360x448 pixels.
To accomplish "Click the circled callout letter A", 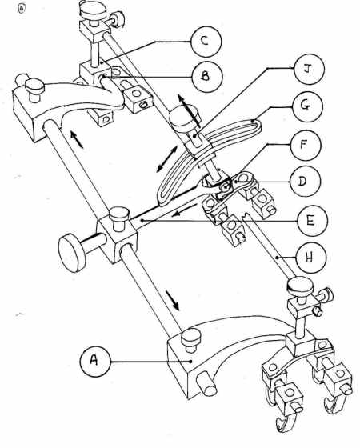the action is pyautogui.click(x=95, y=362).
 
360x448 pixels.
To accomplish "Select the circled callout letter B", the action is pyautogui.click(x=207, y=77).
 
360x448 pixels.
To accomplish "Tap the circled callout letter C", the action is pyautogui.click(x=206, y=42).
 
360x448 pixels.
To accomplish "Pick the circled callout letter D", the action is pyautogui.click(x=305, y=182).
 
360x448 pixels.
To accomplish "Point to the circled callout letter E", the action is pyautogui.click(x=312, y=221).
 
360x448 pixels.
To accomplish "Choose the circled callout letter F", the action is pyautogui.click(x=306, y=145).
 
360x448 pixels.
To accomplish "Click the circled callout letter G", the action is pyautogui.click(x=307, y=106).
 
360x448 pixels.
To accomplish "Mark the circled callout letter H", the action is pyautogui.click(x=311, y=258).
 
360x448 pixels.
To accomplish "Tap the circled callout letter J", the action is pyautogui.click(x=310, y=70).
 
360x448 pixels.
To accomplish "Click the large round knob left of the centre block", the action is pyautogui.click(x=72, y=253).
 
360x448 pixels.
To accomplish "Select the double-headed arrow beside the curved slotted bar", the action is pyautogui.click(x=167, y=159).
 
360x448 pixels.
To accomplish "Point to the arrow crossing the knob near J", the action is pyautogui.click(x=189, y=110).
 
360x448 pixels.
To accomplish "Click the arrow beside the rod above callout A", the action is pyautogui.click(x=172, y=300).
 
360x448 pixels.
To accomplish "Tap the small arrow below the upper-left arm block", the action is pyautogui.click(x=77, y=139).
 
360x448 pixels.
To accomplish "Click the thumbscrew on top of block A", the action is pyautogui.click(x=191, y=340).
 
